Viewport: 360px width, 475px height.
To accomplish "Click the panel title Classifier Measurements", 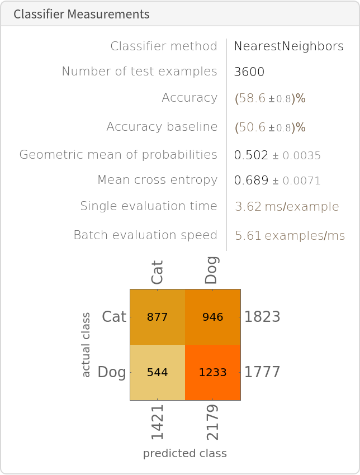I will coord(82,14).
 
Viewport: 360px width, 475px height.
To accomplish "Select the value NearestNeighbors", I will coord(288,46).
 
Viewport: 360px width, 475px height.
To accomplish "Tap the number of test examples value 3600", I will coord(249,72).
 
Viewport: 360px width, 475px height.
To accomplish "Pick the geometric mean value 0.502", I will coord(252,155).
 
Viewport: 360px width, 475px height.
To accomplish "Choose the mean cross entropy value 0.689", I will coord(252,180).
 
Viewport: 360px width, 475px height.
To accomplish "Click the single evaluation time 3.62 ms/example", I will coord(287,207).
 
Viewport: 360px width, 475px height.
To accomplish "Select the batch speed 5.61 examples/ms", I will coord(290,236).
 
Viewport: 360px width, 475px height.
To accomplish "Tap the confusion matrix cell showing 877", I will coord(157,317).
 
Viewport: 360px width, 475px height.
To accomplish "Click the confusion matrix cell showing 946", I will coord(213,317).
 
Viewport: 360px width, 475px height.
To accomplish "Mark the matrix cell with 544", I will coord(157,372).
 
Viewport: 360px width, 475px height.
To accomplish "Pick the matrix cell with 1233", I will coord(213,372).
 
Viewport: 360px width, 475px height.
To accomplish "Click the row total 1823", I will coord(262,317).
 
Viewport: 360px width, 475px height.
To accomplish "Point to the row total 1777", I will coord(262,372).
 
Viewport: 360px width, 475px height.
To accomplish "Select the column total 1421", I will coord(157,423).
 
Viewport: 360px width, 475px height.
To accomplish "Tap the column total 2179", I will coord(213,423).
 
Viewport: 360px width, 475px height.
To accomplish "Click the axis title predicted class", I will coord(185,453).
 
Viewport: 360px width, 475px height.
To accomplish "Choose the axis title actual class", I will coord(86,345).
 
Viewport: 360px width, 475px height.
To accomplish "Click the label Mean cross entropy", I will coord(157,180).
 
